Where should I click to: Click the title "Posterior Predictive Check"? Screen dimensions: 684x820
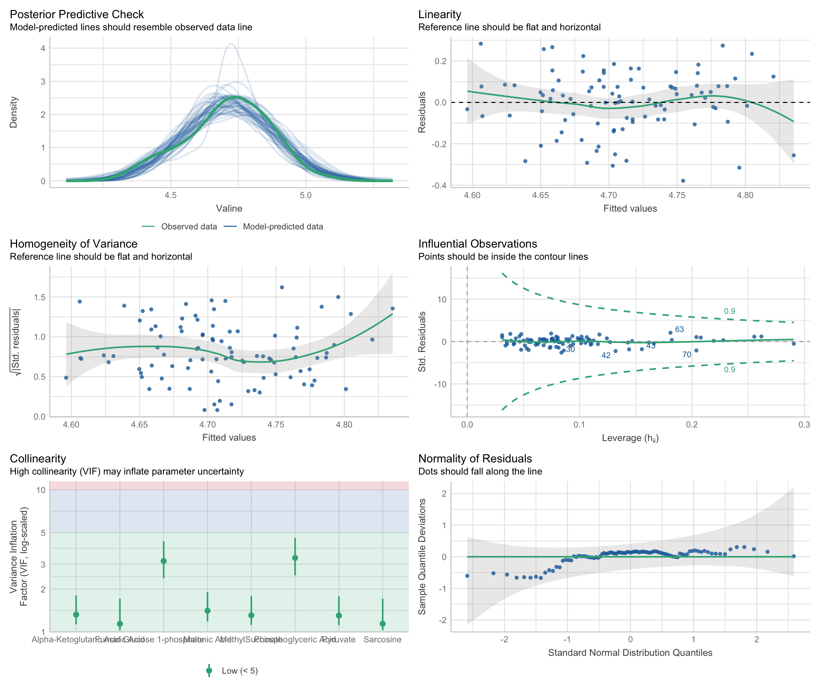pyautogui.click(x=77, y=15)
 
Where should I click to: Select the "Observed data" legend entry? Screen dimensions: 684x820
pyautogui.click(x=189, y=227)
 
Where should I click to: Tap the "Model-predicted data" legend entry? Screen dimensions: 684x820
pyautogui.click(x=283, y=227)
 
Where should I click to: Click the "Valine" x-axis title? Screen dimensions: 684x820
pyautogui.click(x=229, y=208)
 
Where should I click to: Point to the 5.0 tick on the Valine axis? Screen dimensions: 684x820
pyautogui.click(x=306, y=195)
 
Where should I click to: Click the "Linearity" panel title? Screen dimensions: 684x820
pyautogui.click(x=440, y=15)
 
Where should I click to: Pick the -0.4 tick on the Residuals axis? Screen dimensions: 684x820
pyautogui.click(x=439, y=185)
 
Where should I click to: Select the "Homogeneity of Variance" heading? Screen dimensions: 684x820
pyautogui.click(x=73, y=244)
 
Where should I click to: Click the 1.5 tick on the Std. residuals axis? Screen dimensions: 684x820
pyautogui.click(x=40, y=297)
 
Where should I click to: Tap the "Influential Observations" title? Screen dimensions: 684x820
pyautogui.click(x=478, y=244)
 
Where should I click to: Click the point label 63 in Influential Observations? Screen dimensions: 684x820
pyautogui.click(x=679, y=330)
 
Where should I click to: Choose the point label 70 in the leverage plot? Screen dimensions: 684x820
pyautogui.click(x=687, y=355)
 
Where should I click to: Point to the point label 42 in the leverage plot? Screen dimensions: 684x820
pyautogui.click(x=606, y=355)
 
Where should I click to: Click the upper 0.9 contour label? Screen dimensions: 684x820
pyautogui.click(x=729, y=311)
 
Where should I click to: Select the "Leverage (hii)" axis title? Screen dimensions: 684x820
pyautogui.click(x=630, y=438)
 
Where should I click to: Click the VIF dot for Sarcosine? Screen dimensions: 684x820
pyautogui.click(x=383, y=624)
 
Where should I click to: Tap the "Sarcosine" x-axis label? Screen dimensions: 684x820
pyautogui.click(x=382, y=639)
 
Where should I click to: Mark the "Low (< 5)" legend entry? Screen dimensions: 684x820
pyautogui.click(x=240, y=671)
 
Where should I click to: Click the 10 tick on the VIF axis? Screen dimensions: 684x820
pyautogui.click(x=41, y=490)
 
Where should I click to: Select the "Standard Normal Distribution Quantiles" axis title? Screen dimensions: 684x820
pyautogui.click(x=630, y=653)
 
